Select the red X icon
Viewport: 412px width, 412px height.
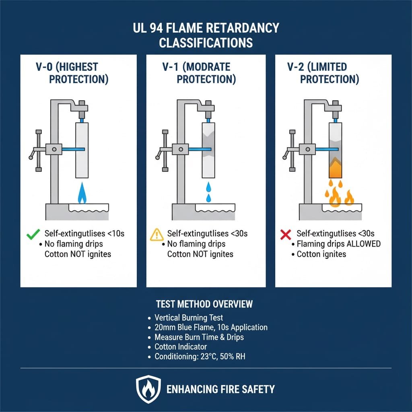click(x=285, y=234)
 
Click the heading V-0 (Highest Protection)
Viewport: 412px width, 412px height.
click(x=70, y=73)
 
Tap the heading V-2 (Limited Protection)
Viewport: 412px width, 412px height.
click(x=323, y=73)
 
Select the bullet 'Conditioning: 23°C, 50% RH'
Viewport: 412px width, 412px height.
click(x=200, y=356)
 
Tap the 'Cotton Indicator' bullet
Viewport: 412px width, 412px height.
click(x=180, y=346)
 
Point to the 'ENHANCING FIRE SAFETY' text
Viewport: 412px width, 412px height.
click(x=220, y=389)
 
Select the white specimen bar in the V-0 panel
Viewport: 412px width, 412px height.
click(x=82, y=150)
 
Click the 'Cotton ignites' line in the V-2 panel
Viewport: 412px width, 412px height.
click(x=321, y=254)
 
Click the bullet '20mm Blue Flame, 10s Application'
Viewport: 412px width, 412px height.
click(x=210, y=327)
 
